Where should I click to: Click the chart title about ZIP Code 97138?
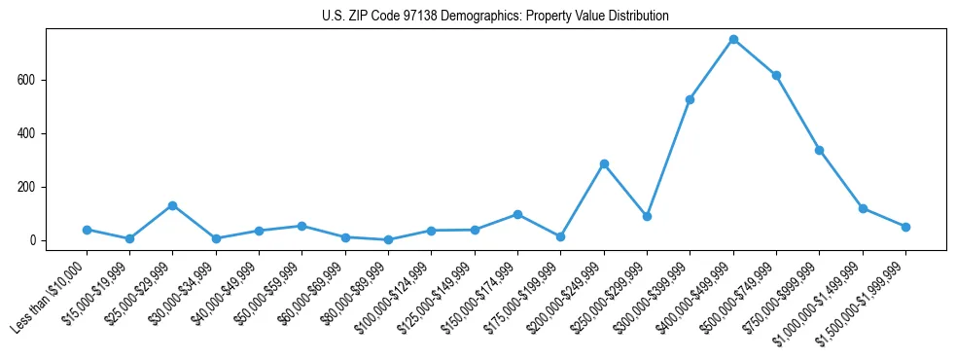495,17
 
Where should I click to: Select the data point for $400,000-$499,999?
733,40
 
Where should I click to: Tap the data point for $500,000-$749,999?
776,75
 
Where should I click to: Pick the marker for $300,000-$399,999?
690,99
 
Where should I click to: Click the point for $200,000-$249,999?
604,163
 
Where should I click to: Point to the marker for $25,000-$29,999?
172,205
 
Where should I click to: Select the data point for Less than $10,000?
87,230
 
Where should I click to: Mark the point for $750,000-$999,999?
819,150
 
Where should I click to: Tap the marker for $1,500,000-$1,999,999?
905,227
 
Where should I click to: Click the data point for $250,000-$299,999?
647,216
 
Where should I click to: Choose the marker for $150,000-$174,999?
517,214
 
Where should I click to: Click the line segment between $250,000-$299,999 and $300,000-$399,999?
668,158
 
